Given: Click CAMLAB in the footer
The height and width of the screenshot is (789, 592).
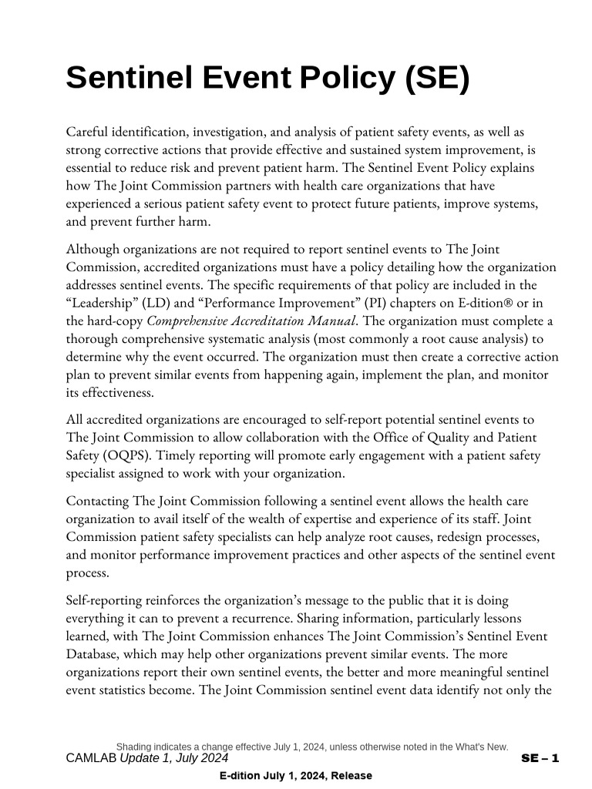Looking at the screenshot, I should click(91, 758).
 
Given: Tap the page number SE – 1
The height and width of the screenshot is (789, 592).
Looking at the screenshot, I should click(540, 758).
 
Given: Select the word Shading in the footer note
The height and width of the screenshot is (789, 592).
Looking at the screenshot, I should click(134, 747).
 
